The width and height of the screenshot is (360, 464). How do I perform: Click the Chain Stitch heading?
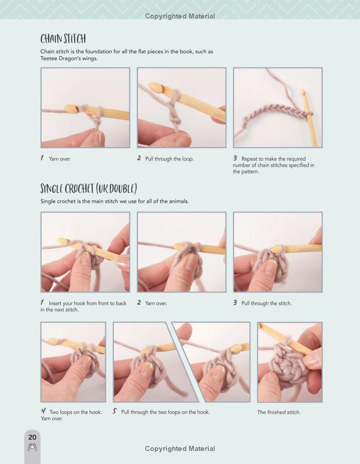63,39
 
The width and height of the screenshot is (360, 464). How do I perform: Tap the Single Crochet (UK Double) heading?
88,188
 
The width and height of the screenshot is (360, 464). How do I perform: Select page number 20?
32,437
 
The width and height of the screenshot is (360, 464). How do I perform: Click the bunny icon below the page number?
32,447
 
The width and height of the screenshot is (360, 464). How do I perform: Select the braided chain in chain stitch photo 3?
274,114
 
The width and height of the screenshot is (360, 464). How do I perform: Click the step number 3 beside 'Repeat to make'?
235,158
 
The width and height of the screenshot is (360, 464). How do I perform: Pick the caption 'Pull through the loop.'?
169,159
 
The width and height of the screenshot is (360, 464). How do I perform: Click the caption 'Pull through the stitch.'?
267,303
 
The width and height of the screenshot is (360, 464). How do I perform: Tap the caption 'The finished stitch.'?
278,412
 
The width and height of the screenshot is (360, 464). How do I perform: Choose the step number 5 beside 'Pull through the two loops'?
115,411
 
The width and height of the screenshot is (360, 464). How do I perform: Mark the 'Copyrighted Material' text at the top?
180,16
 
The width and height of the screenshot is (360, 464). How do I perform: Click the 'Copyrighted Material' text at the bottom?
180,449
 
